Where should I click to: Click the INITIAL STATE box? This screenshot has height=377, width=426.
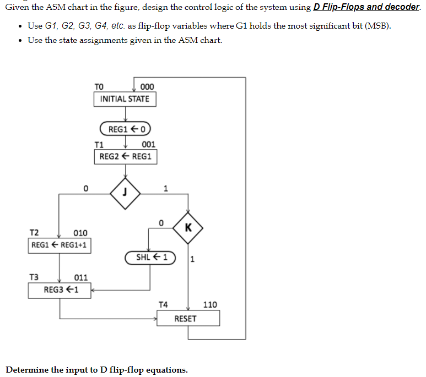125,99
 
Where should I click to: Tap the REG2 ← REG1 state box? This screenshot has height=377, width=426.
125,156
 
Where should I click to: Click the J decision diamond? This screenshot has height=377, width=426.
125,193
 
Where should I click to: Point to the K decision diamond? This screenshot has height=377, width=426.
188,227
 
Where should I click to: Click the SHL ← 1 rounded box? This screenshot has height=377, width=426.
149,257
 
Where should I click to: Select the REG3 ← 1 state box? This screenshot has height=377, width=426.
60,289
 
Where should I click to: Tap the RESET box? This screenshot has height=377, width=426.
188,318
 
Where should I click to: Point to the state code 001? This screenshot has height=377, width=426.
148,144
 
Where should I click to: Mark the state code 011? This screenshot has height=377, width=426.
81,277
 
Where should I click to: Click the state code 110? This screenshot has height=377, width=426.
210,304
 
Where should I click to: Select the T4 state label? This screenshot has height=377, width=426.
164,304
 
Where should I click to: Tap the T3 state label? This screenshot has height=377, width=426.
34,277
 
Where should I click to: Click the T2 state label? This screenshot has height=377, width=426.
34,233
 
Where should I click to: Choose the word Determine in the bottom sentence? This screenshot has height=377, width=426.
27,369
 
